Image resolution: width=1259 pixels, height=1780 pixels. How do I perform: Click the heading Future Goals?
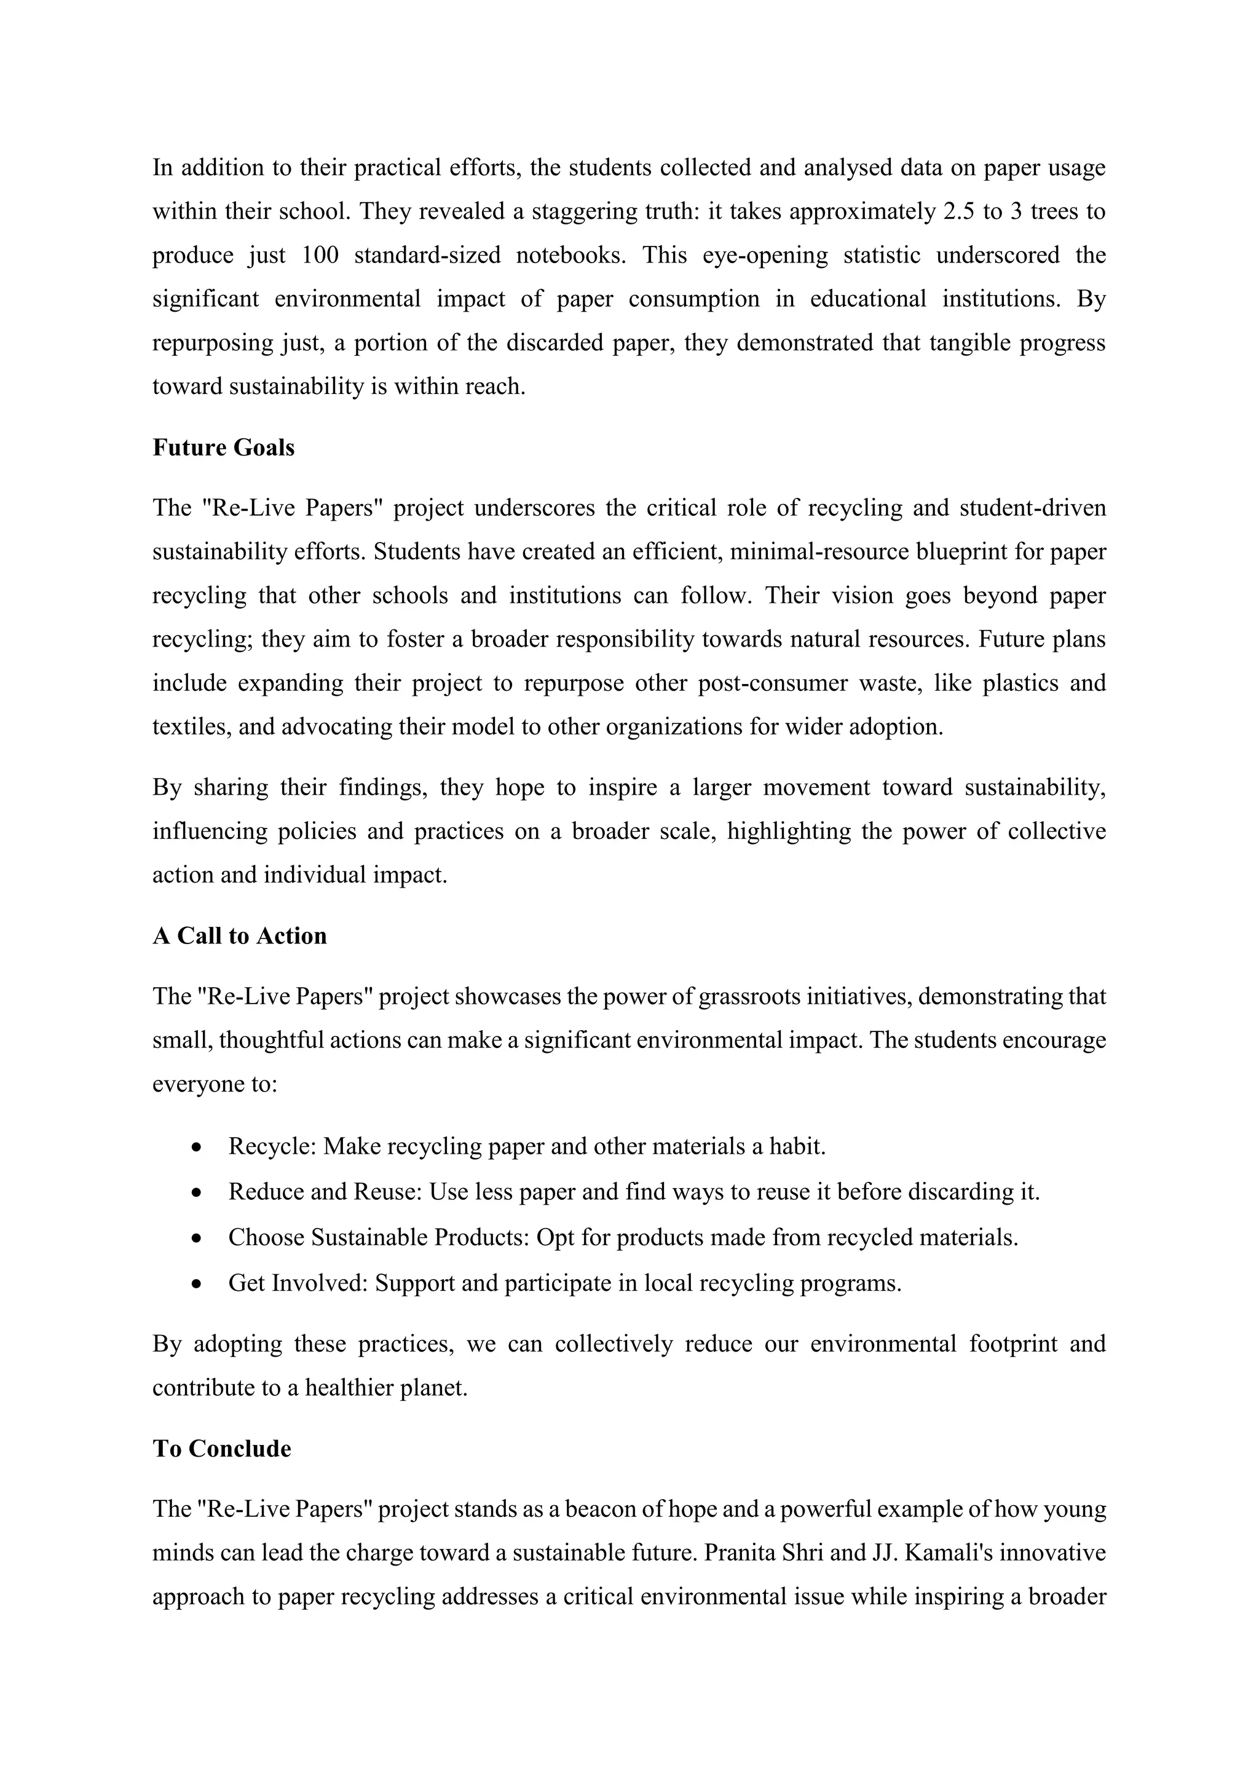223,448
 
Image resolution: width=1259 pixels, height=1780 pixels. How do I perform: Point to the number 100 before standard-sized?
320,255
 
